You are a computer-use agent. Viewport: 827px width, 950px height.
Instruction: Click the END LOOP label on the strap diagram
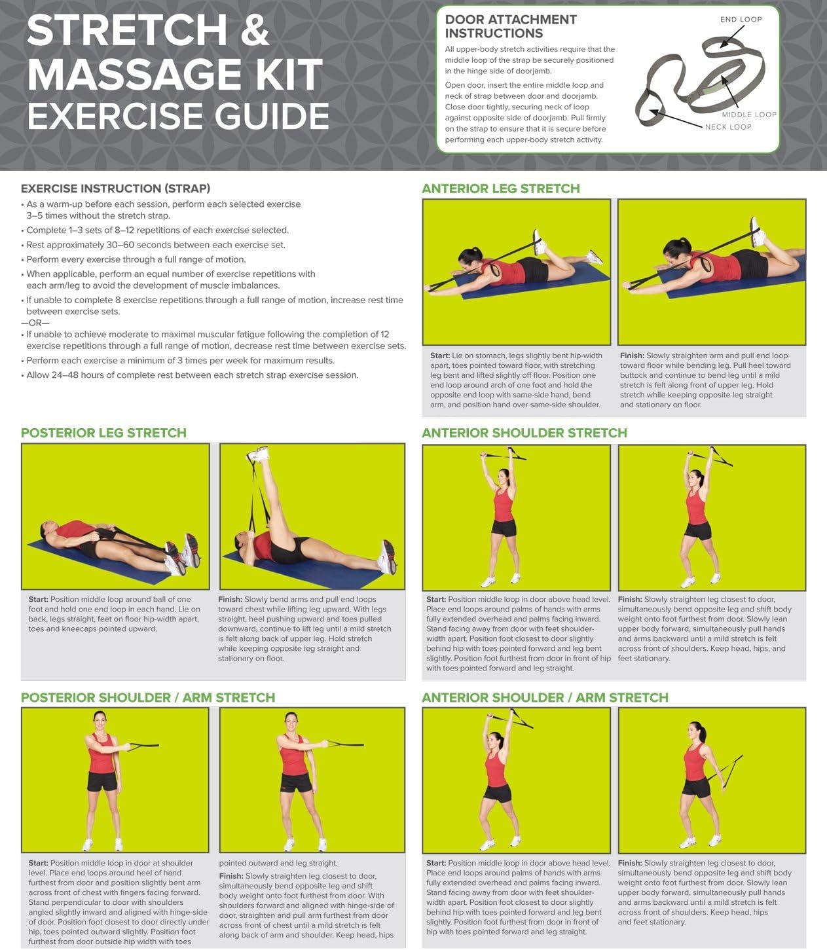coord(741,20)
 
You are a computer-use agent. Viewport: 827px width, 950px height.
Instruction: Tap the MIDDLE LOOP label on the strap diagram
coord(749,115)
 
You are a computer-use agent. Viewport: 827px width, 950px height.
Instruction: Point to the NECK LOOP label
coord(728,127)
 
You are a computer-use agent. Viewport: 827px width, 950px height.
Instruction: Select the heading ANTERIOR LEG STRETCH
coord(500,189)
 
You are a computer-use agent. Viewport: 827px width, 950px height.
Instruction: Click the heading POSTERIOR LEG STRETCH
coord(103,433)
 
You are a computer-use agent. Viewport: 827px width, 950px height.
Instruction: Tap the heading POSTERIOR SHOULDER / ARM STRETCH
coord(148,697)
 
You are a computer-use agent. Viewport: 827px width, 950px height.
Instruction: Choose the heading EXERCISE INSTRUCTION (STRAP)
coord(116,189)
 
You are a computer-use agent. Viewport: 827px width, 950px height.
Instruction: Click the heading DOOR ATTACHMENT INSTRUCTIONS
coord(511,26)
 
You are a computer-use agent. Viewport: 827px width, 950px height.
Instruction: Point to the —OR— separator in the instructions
coord(35,323)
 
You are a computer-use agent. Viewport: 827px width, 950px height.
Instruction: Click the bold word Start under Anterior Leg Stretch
coord(440,356)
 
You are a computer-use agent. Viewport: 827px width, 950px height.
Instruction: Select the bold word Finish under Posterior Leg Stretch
coord(230,600)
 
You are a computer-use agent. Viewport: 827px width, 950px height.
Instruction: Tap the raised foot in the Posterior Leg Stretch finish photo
coord(258,454)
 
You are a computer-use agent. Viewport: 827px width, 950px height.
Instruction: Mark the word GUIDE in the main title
coord(272,116)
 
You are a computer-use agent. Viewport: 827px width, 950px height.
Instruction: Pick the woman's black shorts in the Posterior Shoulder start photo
coord(102,782)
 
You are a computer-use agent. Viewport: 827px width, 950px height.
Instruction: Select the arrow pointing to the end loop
coord(733,36)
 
